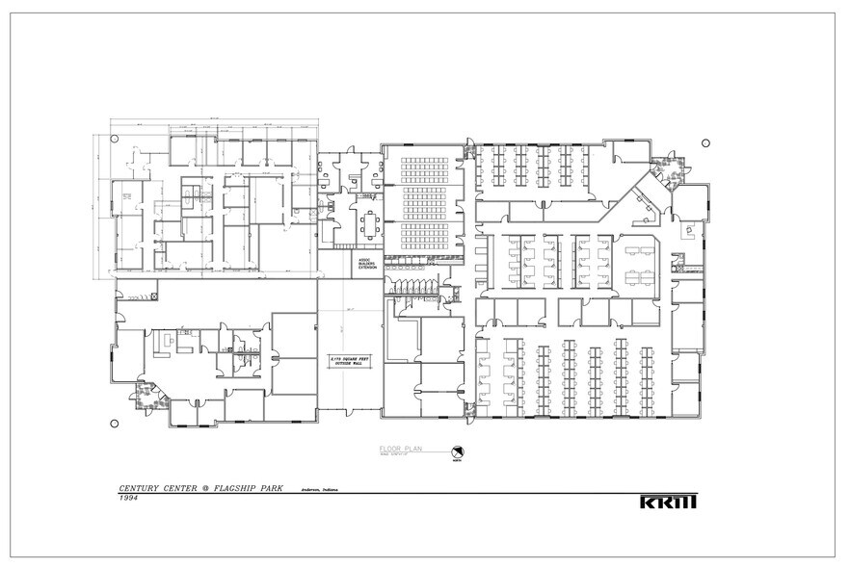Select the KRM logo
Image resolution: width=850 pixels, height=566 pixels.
[x=667, y=502]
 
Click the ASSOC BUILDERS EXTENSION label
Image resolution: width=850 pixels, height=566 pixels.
[x=366, y=262]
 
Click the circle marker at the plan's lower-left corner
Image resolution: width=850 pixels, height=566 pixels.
[x=115, y=424]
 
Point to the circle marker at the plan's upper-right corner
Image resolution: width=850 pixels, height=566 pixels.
[x=705, y=143]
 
